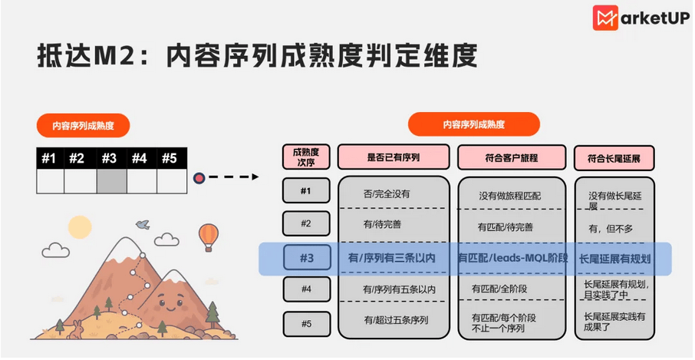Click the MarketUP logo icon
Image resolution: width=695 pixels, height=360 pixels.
(605, 18)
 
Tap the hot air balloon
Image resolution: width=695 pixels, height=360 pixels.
(209, 236)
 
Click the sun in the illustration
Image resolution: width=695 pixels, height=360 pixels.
(80, 227)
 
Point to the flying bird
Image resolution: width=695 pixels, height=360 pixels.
(143, 224)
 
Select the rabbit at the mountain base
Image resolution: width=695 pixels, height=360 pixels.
(77, 329)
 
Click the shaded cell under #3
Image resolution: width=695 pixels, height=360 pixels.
(112, 181)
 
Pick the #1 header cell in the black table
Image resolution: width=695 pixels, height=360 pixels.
(50, 158)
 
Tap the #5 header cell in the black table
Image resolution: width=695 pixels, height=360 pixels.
(172, 158)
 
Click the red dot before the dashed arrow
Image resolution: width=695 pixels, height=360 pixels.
(199, 178)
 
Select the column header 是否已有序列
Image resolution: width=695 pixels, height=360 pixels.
(394, 157)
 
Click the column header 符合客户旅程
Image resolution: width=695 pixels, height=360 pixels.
(512, 157)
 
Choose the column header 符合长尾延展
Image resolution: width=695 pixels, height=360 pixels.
(614, 158)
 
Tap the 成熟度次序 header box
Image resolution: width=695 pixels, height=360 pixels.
(306, 157)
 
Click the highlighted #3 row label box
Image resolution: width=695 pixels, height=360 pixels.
(307, 258)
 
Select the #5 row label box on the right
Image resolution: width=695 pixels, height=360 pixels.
(307, 324)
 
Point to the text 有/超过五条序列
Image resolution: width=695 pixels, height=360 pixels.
(397, 320)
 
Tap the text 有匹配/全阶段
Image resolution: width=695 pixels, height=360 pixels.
(499, 289)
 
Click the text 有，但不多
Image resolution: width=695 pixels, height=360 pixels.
(611, 230)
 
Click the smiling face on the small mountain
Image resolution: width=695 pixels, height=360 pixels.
(170, 303)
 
